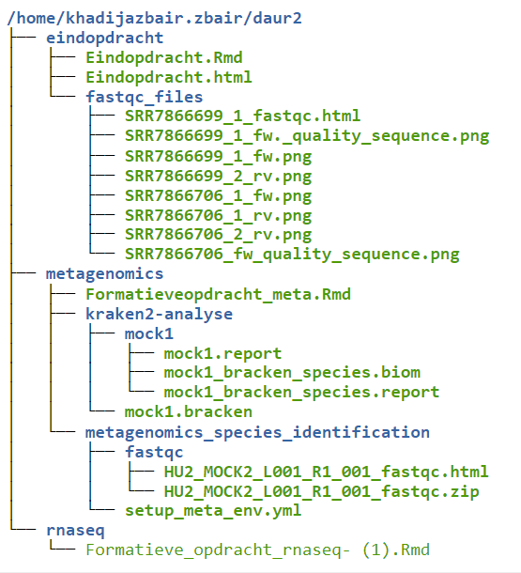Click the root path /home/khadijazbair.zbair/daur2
(x=155, y=18)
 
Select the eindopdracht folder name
(x=105, y=39)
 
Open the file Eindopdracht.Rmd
(x=164, y=58)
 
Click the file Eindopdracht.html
(x=169, y=77)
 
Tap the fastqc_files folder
(x=145, y=97)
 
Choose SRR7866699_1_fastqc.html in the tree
(x=243, y=116)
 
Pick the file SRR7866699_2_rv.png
(x=219, y=177)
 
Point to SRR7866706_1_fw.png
(x=219, y=196)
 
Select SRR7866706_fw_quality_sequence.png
(x=292, y=255)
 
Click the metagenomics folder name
(x=105, y=274)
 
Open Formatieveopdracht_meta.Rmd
(x=218, y=295)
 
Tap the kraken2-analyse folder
(x=159, y=315)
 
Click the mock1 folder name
(x=149, y=334)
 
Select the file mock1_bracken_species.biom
(x=292, y=373)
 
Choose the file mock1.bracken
(x=189, y=412)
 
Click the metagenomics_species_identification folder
(x=257, y=433)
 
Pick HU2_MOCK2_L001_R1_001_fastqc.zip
(x=322, y=492)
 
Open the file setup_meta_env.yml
(x=213, y=511)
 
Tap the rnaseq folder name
(x=76, y=531)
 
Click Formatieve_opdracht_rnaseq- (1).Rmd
(x=258, y=550)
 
